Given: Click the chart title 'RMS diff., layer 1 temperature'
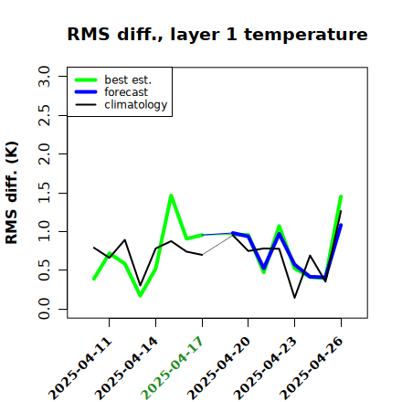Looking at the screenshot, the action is click(217, 34).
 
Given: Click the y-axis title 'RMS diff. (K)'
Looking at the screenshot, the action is click(12, 193).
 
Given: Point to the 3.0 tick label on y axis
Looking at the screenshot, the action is click(44, 76).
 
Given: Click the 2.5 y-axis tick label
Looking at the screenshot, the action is click(44, 115).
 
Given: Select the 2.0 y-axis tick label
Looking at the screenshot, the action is click(44, 154).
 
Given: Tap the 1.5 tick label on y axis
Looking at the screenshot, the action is click(44, 193).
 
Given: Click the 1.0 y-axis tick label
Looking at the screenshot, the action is click(44, 231).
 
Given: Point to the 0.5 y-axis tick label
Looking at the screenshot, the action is click(44, 270).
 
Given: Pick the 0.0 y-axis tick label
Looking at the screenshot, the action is click(44, 309).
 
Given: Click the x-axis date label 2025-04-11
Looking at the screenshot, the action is click(80, 368).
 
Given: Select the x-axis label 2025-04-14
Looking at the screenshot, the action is click(127, 368).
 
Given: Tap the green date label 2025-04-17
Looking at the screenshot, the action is click(172, 368).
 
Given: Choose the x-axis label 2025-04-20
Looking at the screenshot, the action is click(218, 368).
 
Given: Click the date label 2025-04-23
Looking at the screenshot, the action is click(265, 368).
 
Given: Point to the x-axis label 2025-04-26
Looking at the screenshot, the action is click(312, 368).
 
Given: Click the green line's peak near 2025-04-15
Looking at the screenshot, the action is click(171, 195).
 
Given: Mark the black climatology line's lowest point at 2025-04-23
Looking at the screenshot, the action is click(294, 298).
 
